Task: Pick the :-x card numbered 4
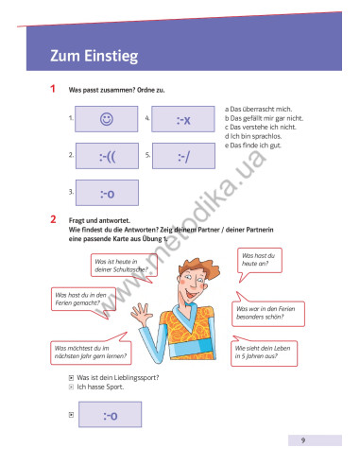point(185,119)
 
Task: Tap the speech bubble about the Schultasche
point(120,265)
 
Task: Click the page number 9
point(302,440)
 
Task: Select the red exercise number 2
point(53,219)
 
